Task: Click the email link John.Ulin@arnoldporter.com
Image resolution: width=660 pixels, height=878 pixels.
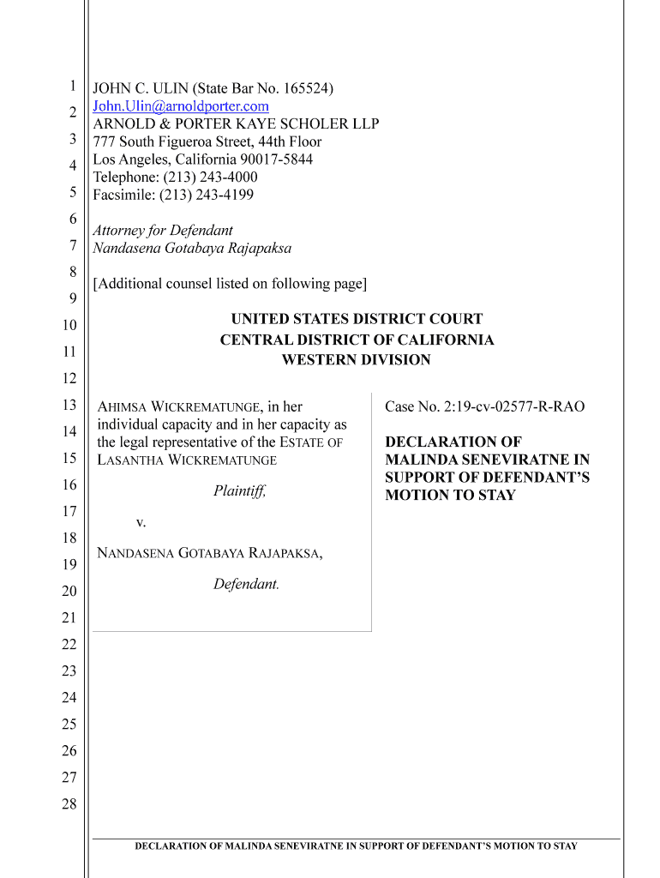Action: [x=181, y=106]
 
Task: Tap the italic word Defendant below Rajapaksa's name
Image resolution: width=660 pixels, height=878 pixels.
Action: [x=245, y=584]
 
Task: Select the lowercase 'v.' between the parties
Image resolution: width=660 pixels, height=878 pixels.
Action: [x=141, y=521]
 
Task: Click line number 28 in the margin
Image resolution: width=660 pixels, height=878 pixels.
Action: [x=69, y=804]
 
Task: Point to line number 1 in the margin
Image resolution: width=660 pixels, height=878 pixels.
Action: [x=73, y=85]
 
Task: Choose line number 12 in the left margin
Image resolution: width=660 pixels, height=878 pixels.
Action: [x=69, y=378]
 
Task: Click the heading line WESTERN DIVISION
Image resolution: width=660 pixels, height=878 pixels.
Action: [x=356, y=360]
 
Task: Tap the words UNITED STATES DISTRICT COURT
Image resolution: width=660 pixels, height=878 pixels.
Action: [x=357, y=319]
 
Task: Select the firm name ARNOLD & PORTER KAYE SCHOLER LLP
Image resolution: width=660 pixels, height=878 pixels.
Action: [x=236, y=123]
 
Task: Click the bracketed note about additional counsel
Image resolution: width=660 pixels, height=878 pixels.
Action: [x=230, y=283]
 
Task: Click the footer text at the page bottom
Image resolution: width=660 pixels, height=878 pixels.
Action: [x=356, y=846]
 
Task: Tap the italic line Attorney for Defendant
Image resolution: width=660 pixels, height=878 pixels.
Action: [x=163, y=230]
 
